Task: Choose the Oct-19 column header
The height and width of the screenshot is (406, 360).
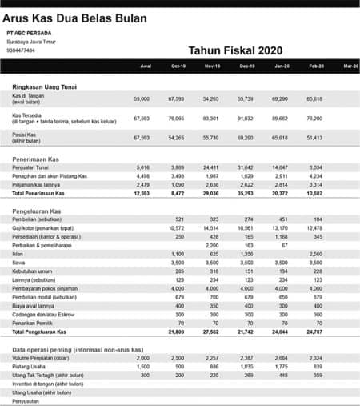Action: tap(177, 66)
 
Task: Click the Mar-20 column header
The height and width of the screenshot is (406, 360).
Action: tap(349, 66)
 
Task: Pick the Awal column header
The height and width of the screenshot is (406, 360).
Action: tap(146, 66)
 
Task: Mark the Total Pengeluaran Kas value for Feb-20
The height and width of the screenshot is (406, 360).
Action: tap(314, 331)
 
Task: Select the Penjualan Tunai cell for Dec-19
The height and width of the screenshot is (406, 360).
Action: tap(246, 167)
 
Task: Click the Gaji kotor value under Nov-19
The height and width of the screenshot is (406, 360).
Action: tap(211, 228)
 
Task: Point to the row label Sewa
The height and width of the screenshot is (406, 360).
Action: tap(19, 262)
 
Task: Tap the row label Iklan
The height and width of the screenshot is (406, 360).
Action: tap(19, 254)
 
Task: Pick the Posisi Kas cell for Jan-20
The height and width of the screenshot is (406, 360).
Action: tap(280, 138)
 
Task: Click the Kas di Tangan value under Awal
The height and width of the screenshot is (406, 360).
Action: tap(141, 98)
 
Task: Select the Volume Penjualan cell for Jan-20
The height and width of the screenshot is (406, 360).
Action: tap(280, 357)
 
